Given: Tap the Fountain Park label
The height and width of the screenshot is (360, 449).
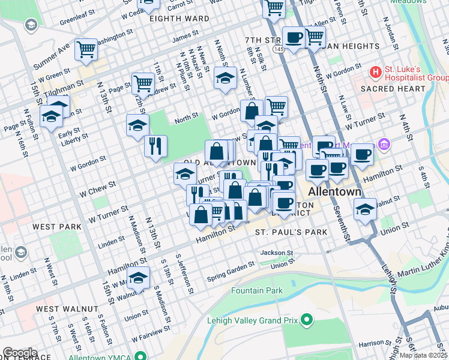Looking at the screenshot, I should (257, 291).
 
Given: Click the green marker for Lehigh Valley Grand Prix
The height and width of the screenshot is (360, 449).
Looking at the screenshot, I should (307, 320).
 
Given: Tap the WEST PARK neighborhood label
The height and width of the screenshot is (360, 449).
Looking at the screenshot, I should (57, 227).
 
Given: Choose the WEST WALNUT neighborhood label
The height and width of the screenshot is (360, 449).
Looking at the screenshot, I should (67, 308).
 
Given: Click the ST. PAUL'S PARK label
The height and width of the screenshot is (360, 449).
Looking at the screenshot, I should (291, 232).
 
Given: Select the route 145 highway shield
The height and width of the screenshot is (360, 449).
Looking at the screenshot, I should (277, 48).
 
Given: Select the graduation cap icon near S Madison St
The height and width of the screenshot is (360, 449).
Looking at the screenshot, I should (139, 279).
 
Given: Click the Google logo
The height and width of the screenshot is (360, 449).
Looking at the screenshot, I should (20, 353).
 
